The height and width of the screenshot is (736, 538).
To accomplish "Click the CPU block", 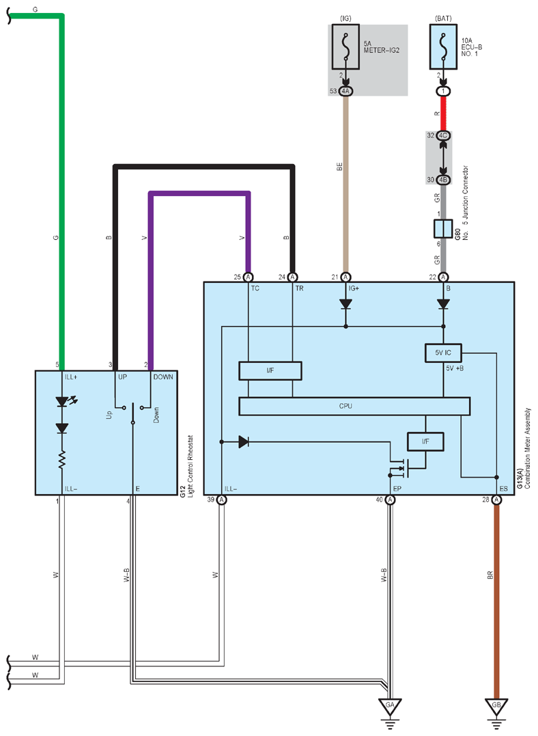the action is [354, 406].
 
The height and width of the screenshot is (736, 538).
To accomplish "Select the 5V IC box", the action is [443, 353].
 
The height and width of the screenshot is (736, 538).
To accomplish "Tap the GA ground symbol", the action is [390, 708].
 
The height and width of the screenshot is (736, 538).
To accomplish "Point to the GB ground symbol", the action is [496, 708].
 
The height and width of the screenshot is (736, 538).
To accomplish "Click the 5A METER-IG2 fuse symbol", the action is [345, 47].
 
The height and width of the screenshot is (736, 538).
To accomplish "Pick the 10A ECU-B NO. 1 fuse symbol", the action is [443, 47].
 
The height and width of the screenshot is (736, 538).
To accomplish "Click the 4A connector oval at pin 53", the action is [345, 91].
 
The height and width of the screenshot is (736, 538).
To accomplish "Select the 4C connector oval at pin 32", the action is [443, 136].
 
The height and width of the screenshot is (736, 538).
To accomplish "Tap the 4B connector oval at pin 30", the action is [443, 180].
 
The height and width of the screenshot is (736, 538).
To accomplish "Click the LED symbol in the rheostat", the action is [63, 402].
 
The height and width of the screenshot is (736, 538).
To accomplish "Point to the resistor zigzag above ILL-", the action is [61, 459].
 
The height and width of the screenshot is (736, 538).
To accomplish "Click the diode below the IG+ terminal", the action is [345, 304].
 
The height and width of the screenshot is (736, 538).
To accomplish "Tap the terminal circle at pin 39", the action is [221, 500].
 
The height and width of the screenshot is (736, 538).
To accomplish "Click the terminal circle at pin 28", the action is [496, 500].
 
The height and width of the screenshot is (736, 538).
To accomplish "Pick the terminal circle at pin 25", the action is [248, 277].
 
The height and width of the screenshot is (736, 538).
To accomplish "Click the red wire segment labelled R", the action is [443, 113].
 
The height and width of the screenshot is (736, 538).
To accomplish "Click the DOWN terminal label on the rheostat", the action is [162, 377].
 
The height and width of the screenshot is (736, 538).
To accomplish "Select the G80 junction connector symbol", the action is [443, 229].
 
